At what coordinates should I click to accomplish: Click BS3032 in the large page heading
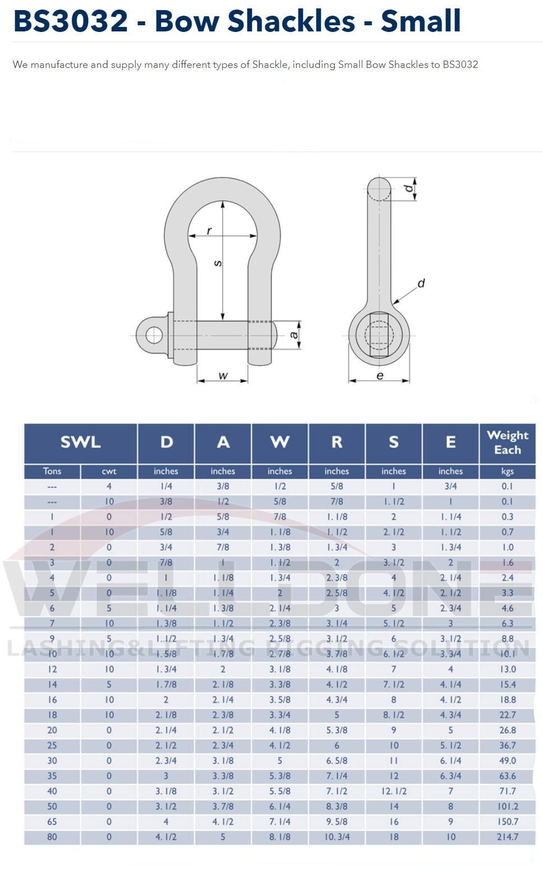coord(71,21)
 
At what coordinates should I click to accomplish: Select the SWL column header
coord(80,442)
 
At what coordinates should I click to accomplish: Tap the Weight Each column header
coord(507,442)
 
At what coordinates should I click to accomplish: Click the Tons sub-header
coord(52,471)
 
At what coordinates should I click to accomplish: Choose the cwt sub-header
coord(109,471)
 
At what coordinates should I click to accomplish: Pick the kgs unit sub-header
coord(507,471)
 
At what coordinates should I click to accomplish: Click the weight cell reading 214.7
coord(507,837)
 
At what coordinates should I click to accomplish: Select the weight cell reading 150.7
coord(507,822)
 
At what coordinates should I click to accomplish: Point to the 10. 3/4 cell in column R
coord(337,837)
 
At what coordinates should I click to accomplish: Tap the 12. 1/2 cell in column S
coord(394,791)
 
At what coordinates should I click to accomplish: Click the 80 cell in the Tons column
coord(52,837)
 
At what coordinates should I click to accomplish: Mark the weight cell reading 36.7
coord(507,745)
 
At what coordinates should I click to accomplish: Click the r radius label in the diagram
coord(209,231)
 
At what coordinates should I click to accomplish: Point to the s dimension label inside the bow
coord(218,263)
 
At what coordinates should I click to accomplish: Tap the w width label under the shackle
coord(223,375)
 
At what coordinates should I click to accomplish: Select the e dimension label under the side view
coord(380,375)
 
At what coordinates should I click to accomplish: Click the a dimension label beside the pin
coord(293,335)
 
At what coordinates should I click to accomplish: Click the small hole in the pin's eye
coord(154,336)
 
